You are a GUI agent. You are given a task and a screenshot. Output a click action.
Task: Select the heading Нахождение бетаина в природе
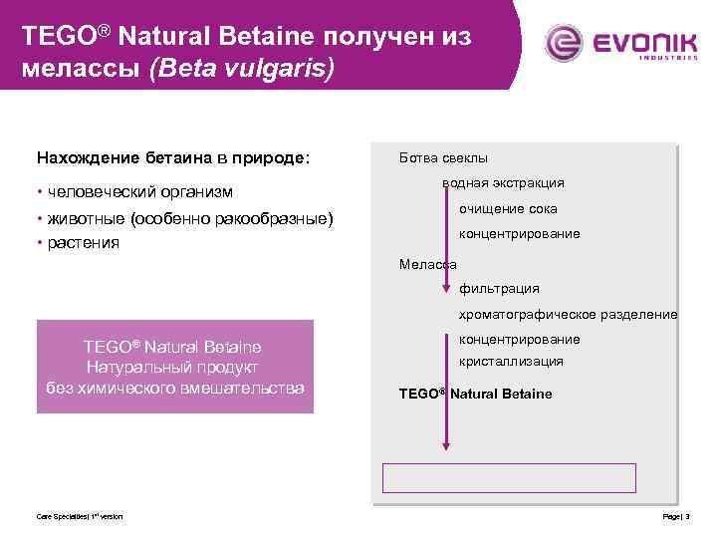(173, 157)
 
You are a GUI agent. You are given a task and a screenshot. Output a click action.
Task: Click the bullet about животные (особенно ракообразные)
(184, 218)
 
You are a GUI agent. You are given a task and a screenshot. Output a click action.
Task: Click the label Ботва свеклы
(443, 157)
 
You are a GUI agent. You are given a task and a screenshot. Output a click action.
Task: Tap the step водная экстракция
(504, 183)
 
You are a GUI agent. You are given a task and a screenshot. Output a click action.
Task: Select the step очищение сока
(508, 209)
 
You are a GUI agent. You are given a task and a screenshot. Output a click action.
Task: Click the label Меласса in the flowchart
(427, 264)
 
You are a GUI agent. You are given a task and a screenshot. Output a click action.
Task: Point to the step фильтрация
(499, 289)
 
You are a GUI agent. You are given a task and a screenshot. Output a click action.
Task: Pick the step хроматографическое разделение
(568, 315)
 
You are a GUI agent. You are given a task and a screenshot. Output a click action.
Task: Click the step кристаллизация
(511, 362)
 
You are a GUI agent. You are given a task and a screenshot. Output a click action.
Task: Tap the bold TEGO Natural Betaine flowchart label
(475, 394)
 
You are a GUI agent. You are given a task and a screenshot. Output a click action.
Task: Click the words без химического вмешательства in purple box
(175, 387)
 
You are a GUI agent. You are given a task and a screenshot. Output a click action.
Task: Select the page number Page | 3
(676, 516)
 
